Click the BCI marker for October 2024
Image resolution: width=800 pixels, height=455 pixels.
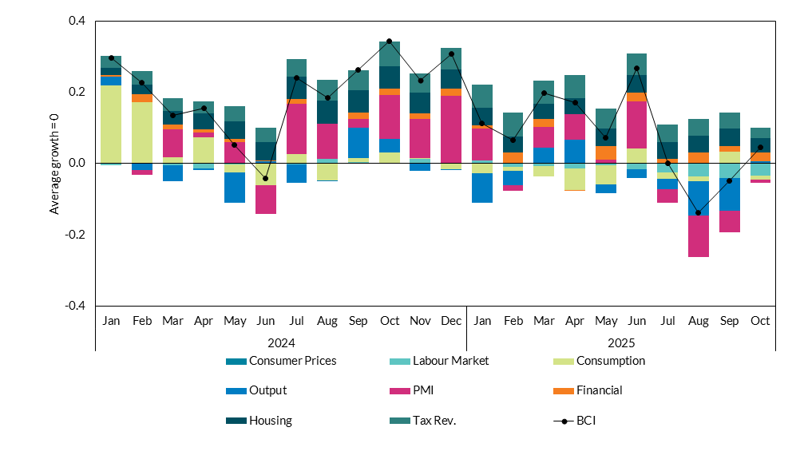389,41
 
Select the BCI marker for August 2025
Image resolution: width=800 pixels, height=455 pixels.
699,213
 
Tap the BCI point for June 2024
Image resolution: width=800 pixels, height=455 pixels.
265,178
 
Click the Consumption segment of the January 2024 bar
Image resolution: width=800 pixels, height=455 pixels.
111,124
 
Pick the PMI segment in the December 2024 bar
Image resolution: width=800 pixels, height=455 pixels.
451,129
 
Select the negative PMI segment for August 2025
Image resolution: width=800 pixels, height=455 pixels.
699,235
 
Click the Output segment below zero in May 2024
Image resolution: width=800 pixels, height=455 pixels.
234,188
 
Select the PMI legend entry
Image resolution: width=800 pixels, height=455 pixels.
425,390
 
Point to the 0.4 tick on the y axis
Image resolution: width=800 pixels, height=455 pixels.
76,21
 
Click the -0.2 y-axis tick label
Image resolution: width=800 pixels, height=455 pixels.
74,235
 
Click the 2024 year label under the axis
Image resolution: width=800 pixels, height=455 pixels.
281,342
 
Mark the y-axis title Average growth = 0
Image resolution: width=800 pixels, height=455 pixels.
55,163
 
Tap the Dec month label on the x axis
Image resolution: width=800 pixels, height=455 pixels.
451,321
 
